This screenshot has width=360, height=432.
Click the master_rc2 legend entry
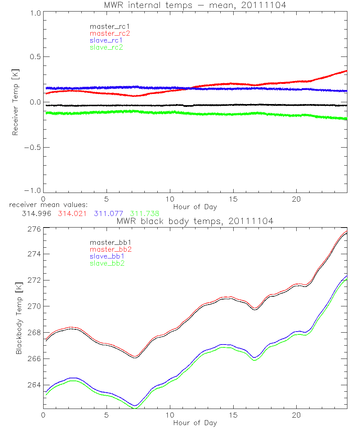tap(110, 33)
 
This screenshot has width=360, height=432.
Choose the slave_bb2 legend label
tap(107, 264)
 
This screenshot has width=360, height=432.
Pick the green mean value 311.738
tap(145, 213)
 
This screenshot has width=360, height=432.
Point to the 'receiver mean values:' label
tap(46, 205)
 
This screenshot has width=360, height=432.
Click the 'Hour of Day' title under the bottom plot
tap(195, 423)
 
